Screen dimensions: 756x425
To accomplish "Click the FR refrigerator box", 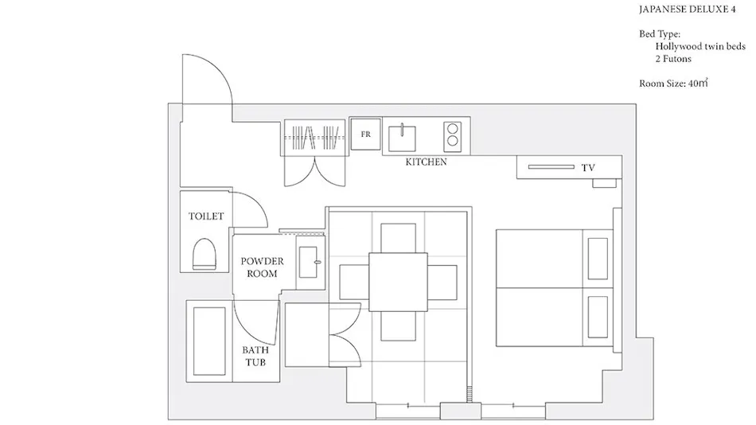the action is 365,134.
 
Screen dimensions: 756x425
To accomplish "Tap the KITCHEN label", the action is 427,162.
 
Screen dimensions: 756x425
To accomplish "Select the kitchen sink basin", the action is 402,138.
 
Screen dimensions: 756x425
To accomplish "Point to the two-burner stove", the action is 452,135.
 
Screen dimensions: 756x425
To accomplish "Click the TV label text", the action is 588,168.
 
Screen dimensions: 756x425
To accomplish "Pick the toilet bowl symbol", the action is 204,254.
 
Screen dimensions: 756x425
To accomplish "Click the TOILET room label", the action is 206,216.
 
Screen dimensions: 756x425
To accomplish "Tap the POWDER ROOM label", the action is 262,267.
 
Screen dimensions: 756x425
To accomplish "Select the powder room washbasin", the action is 309,262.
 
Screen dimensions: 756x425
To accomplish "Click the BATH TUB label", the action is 255,356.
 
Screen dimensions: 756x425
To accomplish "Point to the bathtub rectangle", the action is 209,341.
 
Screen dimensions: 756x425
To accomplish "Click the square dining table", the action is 398,282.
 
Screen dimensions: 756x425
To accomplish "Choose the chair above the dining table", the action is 398,238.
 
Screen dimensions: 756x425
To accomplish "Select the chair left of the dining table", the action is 354,282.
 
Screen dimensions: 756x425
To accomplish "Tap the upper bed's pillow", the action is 598,259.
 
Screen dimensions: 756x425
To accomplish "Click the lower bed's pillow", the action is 598,317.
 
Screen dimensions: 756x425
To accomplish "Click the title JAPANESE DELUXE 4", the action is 687,10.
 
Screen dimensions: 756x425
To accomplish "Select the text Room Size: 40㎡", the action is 673,83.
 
